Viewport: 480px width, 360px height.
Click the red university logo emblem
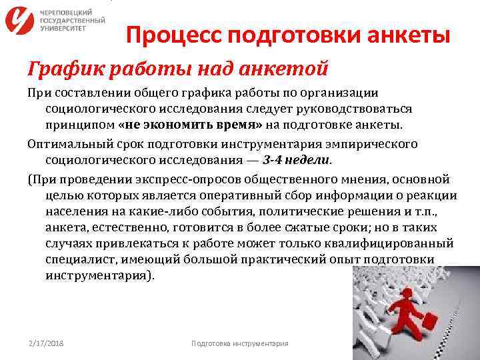(20, 21)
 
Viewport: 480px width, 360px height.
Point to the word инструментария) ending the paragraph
(99, 275)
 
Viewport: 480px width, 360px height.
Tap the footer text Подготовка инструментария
(239, 343)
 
